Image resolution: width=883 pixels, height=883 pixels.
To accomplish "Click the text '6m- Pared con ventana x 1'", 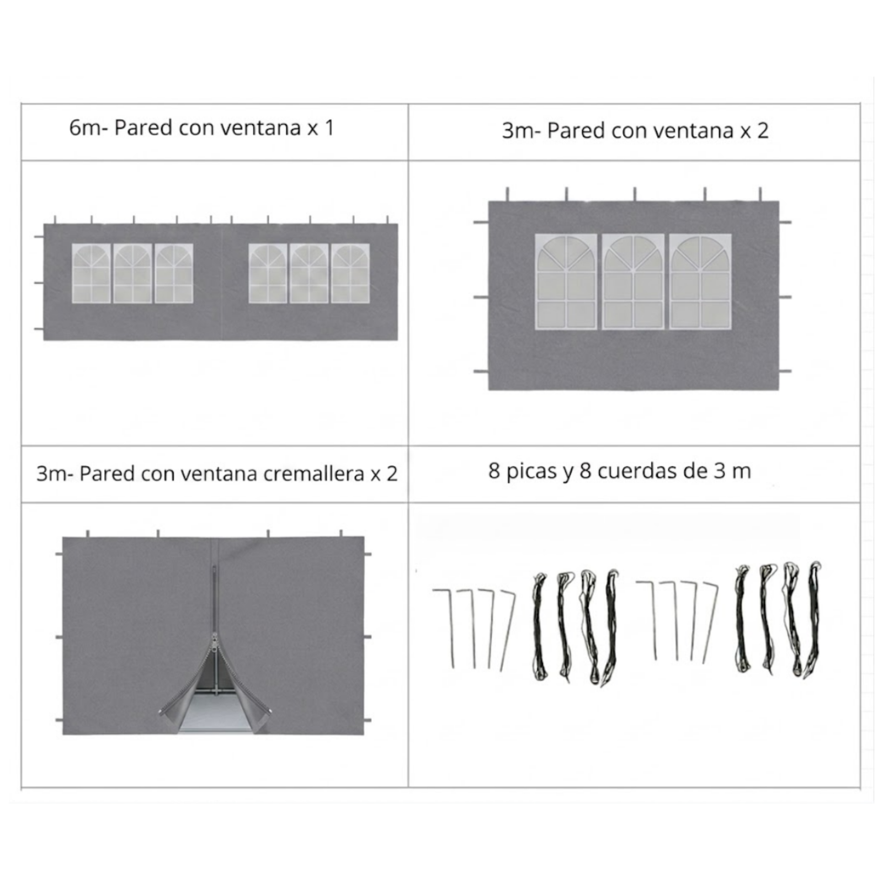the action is coord(201,128).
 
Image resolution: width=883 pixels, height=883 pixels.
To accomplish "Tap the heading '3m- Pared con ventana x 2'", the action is coord(635,131).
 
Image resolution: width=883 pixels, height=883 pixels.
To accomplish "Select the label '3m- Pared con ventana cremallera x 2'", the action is coord(217,474).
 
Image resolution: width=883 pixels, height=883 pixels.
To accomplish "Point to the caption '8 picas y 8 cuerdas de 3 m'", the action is coord(620,471).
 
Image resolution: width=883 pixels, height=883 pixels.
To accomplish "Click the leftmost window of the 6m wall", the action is coord(92,274).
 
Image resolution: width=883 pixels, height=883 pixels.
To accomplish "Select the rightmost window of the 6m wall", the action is coord(350,274).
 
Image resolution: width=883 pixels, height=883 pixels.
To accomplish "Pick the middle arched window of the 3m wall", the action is coord(633,282).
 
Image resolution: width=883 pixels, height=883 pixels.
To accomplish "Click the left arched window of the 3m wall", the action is coord(566,282).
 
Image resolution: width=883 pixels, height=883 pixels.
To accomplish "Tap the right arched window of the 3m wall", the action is coord(700,282).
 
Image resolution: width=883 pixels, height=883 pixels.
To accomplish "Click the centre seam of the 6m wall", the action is coord(221,281).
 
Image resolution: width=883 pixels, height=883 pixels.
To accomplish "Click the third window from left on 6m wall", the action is coord(174,274).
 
